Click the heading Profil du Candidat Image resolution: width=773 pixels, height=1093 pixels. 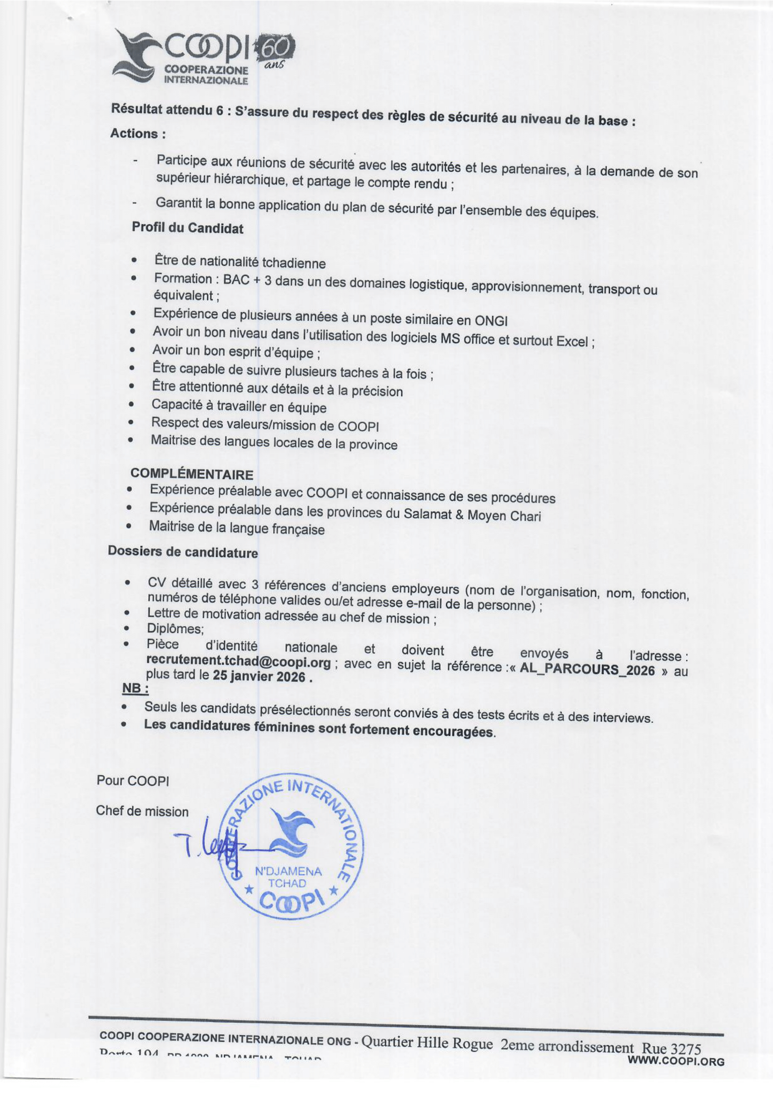[x=187, y=228]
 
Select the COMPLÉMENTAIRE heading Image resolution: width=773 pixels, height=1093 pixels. [x=191, y=474]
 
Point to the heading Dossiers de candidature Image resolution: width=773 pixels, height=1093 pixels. [x=182, y=552]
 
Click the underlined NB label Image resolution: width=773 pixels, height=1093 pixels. [x=135, y=689]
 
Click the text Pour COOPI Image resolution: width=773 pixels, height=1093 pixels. [x=132, y=781]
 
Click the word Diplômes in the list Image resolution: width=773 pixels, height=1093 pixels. [x=175, y=629]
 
